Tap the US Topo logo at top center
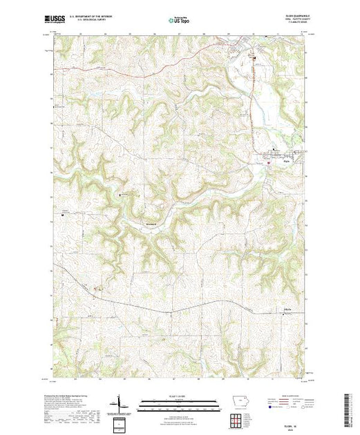180,21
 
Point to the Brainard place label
151,224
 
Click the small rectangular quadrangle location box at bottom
121,423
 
